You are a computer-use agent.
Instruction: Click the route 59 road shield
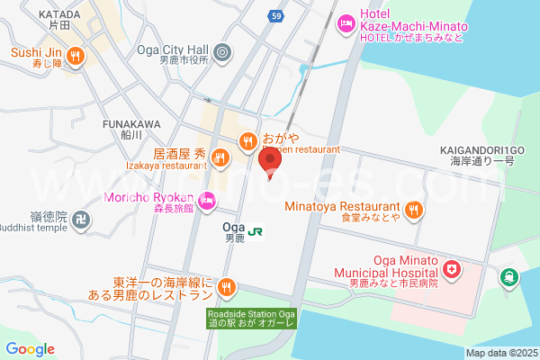[276, 16]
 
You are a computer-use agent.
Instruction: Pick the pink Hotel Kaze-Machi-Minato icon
[344, 22]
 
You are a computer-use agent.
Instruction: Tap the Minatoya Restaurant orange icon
[413, 210]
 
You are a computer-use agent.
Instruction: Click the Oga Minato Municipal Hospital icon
[451, 269]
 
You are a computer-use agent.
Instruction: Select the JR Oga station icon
[256, 231]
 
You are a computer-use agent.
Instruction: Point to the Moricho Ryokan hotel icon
[208, 200]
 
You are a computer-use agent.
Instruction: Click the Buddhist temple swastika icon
[82, 219]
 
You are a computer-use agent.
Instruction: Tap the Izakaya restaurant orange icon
[219, 159]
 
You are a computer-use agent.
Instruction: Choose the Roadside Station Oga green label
[256, 318]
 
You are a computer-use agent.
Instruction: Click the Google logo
[30, 349]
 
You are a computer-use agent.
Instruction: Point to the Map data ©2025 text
[500, 353]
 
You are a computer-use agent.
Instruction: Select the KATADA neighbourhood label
[60, 15]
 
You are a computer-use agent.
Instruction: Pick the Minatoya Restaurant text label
[342, 204]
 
